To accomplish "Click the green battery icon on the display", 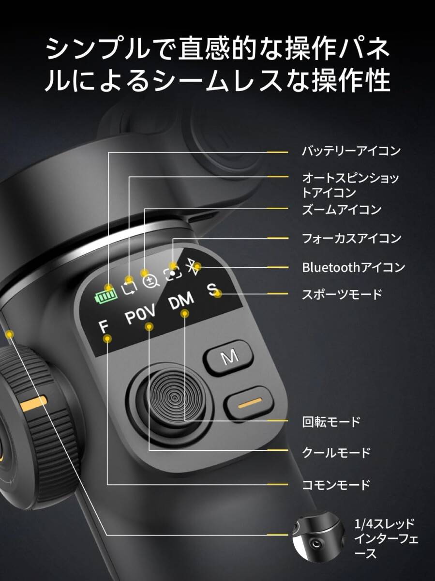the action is click(x=105, y=294).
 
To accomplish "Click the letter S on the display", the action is click(x=212, y=290).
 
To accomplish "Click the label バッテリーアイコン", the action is click(x=351, y=151).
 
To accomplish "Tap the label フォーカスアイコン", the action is click(x=351, y=238).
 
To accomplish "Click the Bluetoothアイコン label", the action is click(x=353, y=267).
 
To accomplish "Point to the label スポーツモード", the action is click(x=342, y=294).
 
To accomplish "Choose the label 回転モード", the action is click(x=331, y=422).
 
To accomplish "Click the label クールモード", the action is click(x=336, y=453).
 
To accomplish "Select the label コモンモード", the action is click(x=336, y=485).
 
